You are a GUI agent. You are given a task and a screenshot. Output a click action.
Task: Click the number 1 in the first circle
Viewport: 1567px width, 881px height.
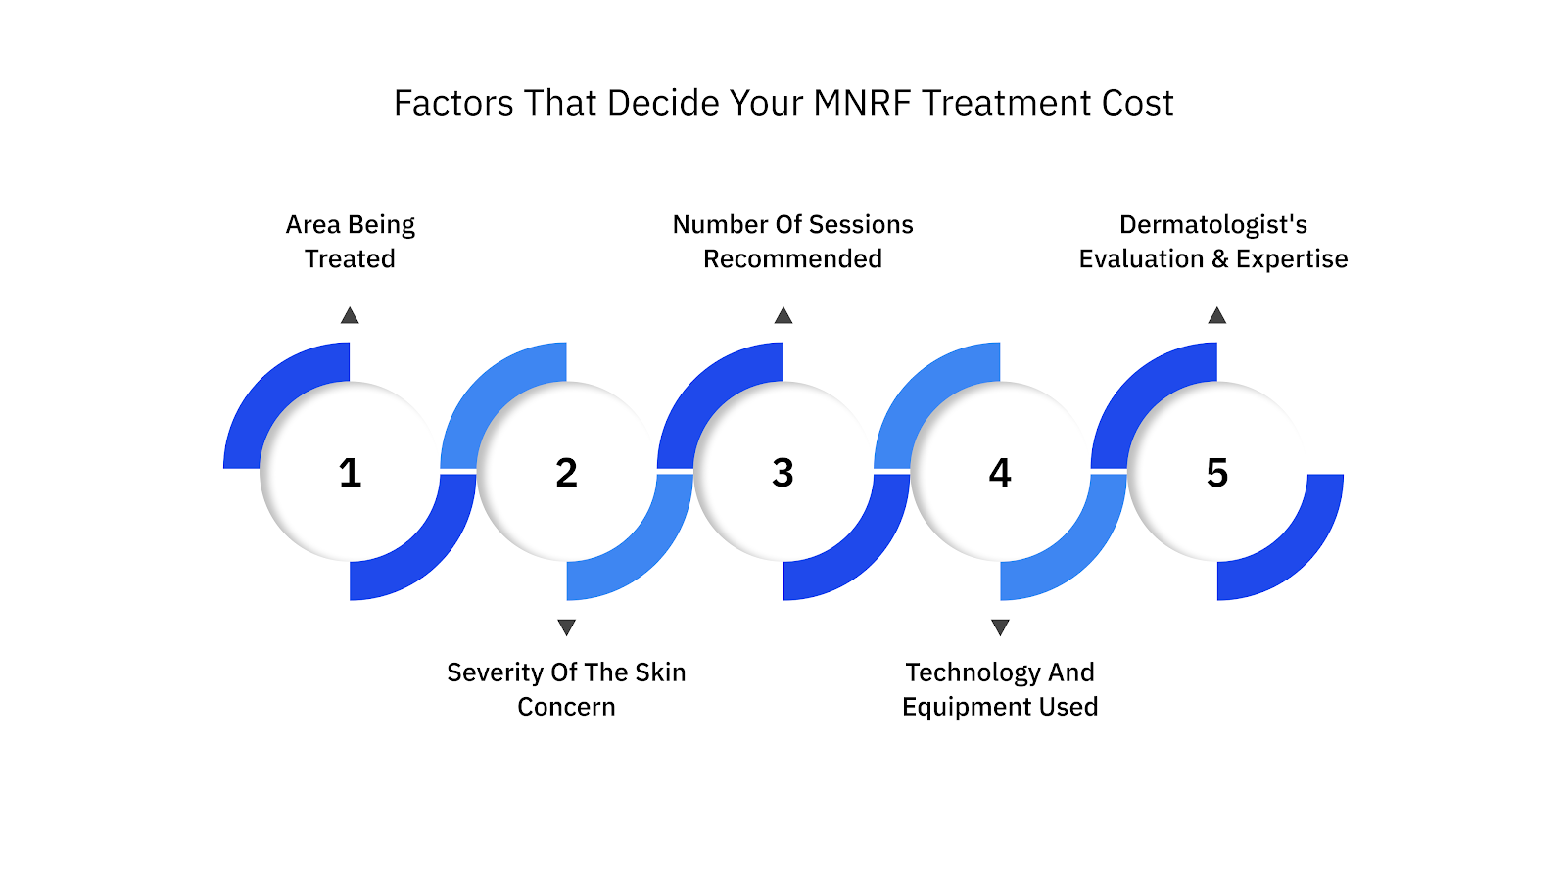[350, 473]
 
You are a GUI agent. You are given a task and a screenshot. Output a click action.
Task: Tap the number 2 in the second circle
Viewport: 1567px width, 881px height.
[566, 473]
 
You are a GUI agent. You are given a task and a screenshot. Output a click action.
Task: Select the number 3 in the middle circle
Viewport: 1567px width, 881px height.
[783, 473]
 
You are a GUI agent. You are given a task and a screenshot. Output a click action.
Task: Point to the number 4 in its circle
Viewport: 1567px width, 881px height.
[1000, 473]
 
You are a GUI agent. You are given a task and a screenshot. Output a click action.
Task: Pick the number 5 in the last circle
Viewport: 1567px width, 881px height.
[1216, 473]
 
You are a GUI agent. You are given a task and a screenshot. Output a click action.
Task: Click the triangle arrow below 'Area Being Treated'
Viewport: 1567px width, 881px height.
[350, 315]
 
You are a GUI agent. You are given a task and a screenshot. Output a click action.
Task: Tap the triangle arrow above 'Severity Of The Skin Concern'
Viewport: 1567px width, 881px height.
[566, 626]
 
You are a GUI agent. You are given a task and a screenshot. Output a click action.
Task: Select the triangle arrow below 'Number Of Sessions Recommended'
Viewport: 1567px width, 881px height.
[783, 315]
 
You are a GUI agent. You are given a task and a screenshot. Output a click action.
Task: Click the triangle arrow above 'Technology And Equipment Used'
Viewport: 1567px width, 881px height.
[1000, 626]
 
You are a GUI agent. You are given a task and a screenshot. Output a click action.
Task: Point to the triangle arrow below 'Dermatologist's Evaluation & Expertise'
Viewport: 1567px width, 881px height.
[1216, 315]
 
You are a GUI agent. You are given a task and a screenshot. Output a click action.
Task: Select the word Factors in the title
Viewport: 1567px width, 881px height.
[453, 103]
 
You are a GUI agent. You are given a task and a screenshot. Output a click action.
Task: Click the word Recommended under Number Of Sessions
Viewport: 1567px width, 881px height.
[792, 259]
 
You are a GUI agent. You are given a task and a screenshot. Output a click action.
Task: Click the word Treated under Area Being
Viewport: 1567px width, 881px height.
[350, 259]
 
